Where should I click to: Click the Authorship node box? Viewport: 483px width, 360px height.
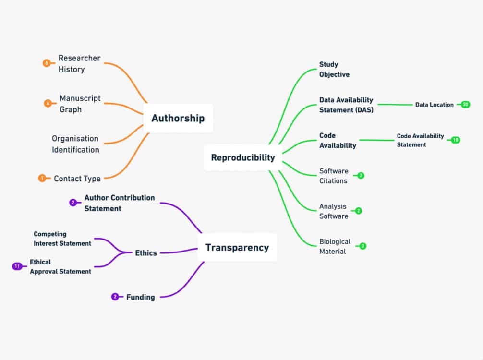point(178,118)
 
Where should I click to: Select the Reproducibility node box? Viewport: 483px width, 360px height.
point(243,157)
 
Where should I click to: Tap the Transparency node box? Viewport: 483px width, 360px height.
point(237,248)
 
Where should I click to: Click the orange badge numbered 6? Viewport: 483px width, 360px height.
point(46,63)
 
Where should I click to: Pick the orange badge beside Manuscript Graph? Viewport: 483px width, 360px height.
point(48,103)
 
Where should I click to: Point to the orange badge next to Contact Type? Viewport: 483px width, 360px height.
point(42,178)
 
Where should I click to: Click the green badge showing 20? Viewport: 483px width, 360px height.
point(465,104)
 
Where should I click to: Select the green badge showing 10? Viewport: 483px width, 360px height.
point(455,140)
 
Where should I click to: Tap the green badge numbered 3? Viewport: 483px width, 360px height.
point(362,246)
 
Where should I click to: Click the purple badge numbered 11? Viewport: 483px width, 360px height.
point(18,266)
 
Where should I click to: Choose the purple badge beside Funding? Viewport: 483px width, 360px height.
point(115,297)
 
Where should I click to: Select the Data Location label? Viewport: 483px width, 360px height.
point(434,105)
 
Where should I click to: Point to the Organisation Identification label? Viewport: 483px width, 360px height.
point(75,144)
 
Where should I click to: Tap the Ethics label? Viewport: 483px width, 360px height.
point(146,253)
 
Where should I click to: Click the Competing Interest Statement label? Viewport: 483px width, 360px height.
point(62,239)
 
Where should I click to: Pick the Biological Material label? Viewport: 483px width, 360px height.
point(335,246)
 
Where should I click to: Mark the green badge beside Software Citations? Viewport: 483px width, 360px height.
point(361,176)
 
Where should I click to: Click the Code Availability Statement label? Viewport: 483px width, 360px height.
point(420,140)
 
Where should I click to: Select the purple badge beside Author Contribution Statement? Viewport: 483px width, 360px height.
point(72,203)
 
